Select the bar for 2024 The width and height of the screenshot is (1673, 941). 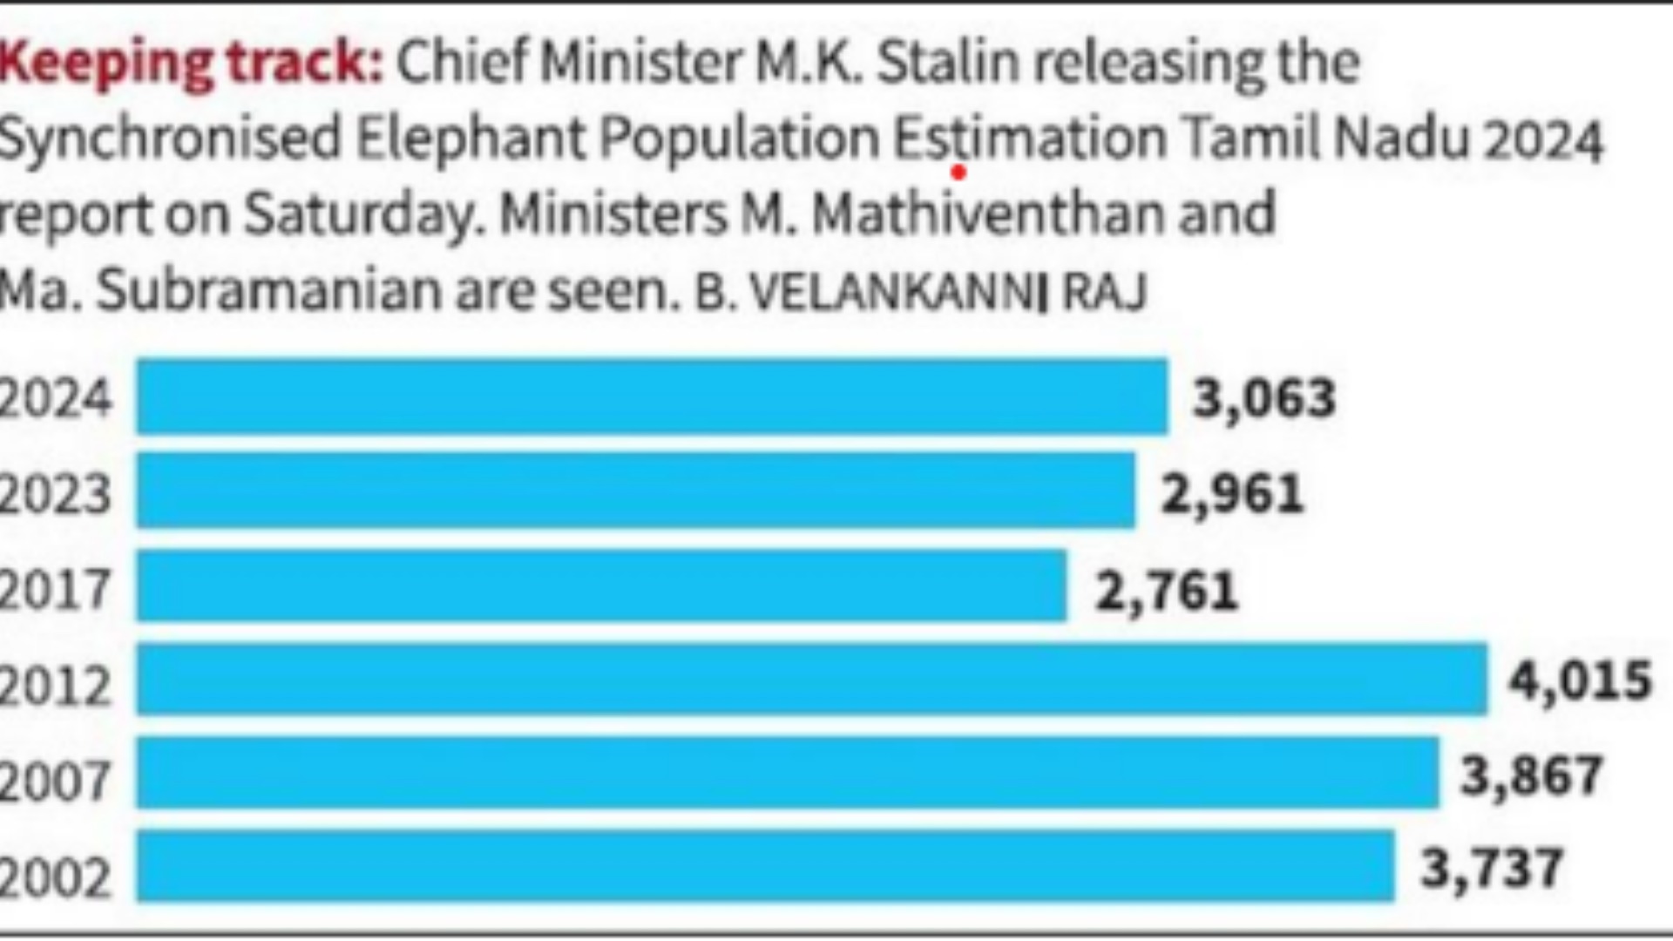[x=652, y=396]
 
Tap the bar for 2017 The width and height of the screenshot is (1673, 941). [x=601, y=586]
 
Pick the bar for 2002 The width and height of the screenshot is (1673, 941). [x=765, y=866]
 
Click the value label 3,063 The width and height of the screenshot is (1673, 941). [x=1263, y=399]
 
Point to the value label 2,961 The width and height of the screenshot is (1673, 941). [x=1232, y=494]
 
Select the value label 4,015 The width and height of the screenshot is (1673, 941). [x=1580, y=680]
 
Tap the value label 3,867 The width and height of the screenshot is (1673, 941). [x=1531, y=775]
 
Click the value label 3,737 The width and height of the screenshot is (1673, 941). [x=1492, y=869]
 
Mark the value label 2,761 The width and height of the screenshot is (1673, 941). [x=1166, y=592]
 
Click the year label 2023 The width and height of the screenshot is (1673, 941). [x=56, y=495]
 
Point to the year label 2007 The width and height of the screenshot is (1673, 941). [x=56, y=781]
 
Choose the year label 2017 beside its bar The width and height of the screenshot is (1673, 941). [x=56, y=590]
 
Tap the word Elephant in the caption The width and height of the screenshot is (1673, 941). [x=470, y=139]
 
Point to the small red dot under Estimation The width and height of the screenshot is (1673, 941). [x=958, y=173]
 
